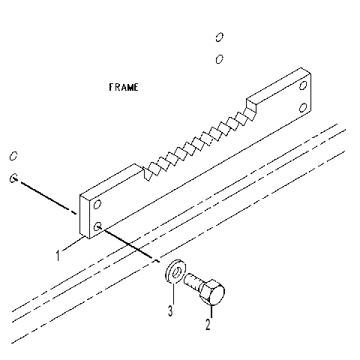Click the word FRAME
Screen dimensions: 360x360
(x=124, y=87)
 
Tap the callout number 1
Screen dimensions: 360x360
(x=58, y=255)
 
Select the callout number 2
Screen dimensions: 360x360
(x=208, y=324)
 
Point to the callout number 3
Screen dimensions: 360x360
(x=170, y=310)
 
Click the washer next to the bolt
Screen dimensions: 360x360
(x=175, y=271)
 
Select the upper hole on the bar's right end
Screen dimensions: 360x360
(x=303, y=85)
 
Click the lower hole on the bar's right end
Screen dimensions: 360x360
(x=303, y=107)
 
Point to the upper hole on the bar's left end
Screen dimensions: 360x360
(x=97, y=204)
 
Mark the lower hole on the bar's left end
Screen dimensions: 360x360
(x=97, y=226)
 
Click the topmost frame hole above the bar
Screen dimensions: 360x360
(x=219, y=37)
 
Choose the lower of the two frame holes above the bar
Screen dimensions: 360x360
(x=219, y=59)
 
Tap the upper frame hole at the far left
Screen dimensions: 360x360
(x=13, y=156)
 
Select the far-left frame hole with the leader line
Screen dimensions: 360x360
(x=13, y=178)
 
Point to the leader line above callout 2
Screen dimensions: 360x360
(x=211, y=311)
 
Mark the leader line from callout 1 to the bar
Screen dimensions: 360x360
(x=73, y=243)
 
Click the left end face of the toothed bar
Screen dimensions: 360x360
(x=85, y=217)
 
